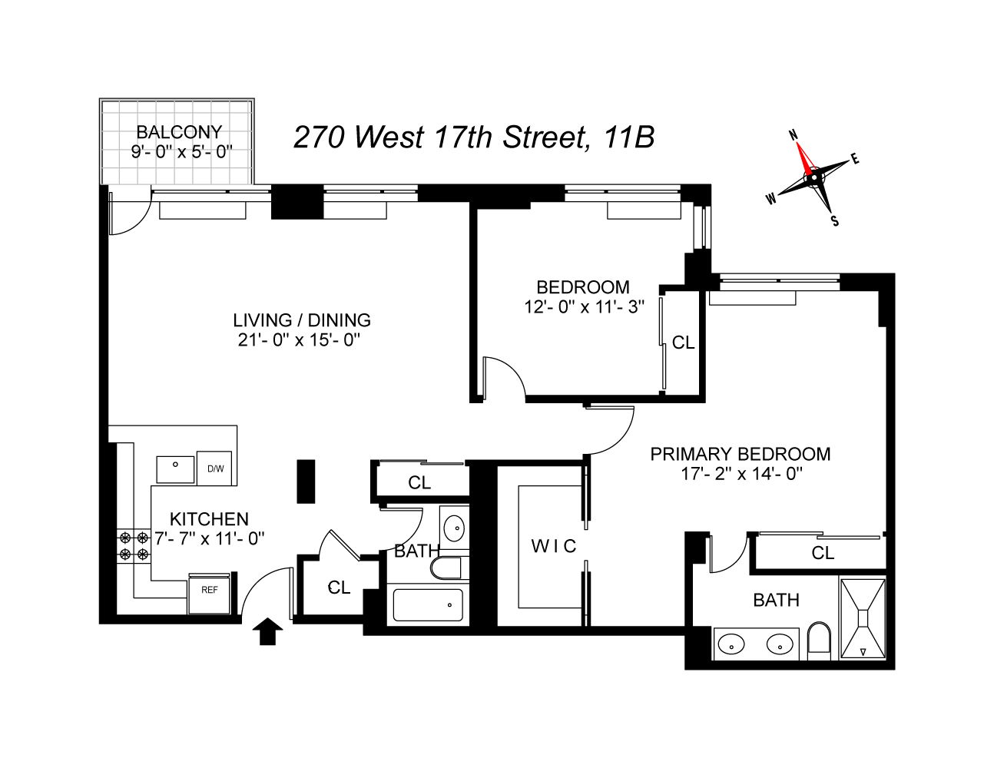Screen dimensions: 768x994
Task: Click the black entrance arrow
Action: (x=267, y=632)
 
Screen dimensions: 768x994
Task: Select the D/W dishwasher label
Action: (x=214, y=468)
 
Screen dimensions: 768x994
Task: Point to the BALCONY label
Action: (x=179, y=131)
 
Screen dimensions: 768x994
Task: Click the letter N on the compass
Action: (x=796, y=135)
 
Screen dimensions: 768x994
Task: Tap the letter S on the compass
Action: (x=835, y=221)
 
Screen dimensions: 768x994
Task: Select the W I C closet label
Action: (x=553, y=546)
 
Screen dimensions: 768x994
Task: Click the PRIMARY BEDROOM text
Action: (x=741, y=454)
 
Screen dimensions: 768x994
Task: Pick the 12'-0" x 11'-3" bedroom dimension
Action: (x=581, y=305)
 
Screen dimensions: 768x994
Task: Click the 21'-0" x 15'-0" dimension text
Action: (x=299, y=339)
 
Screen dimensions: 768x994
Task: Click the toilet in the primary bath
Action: (x=820, y=641)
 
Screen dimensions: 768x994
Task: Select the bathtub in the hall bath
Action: (x=428, y=604)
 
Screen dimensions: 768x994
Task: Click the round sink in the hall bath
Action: (x=455, y=528)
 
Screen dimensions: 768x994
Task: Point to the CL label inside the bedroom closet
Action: (x=683, y=343)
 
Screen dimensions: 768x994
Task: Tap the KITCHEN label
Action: (x=209, y=519)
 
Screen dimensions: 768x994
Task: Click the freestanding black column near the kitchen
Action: (x=306, y=482)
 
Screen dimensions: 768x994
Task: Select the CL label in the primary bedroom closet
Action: (x=823, y=553)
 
